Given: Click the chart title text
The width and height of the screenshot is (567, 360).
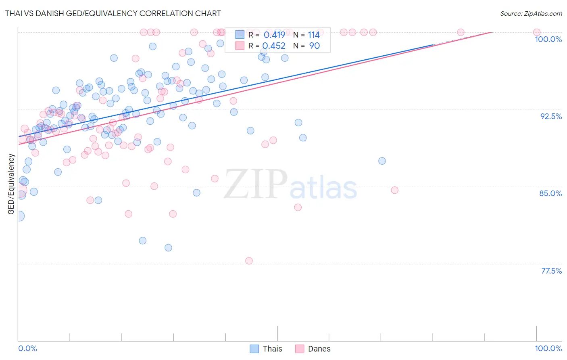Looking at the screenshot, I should (113, 13).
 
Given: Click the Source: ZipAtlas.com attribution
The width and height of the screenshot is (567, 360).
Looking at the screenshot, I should (531, 13).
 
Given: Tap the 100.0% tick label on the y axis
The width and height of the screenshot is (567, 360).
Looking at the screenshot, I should (548, 39).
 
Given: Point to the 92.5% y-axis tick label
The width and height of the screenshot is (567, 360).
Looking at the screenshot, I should (551, 116).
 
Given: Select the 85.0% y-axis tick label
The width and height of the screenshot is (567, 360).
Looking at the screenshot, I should (550, 193).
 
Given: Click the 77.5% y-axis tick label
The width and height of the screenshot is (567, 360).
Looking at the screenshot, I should (551, 271).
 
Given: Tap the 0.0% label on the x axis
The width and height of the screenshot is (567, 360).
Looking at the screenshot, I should (27, 348).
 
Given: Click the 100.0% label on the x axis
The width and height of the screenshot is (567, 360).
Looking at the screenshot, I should (548, 348).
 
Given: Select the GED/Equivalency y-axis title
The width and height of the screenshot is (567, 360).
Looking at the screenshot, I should (11, 184).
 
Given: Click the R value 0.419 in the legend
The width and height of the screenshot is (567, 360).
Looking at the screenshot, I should (274, 35).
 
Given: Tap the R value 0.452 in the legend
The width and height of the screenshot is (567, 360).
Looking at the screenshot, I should (274, 46).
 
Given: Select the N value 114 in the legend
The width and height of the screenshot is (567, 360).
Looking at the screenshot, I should (314, 35).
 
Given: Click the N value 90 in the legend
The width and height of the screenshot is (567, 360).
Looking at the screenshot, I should (314, 46).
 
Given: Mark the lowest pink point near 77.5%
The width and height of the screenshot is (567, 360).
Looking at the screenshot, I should (249, 261).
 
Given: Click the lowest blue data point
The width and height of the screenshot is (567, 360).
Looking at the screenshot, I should (168, 247).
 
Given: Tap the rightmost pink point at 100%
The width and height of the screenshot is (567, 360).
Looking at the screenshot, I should (536, 32).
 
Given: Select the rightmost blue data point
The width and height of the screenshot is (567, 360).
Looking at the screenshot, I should (382, 161).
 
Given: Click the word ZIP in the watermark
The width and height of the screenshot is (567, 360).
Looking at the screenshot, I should (256, 184).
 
